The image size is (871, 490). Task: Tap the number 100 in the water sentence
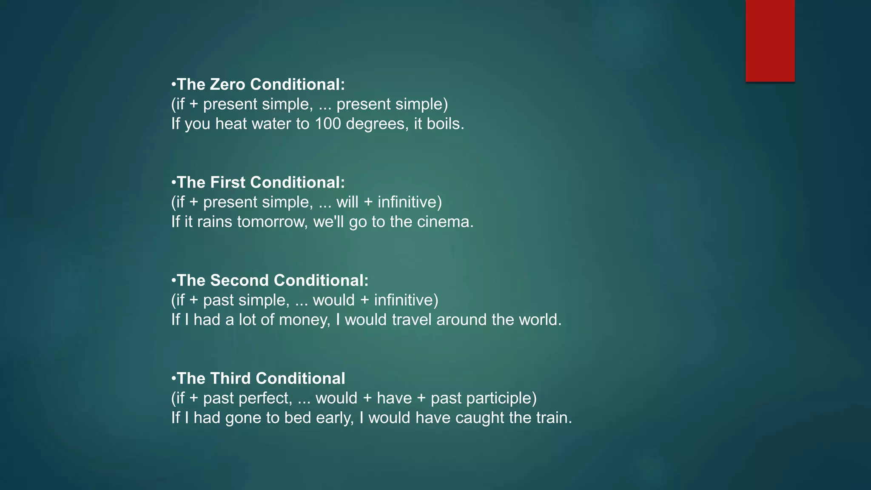tap(327, 124)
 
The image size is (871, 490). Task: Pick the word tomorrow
tap(272, 222)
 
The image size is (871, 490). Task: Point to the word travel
tap(411, 320)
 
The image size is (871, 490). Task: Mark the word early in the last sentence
tap(335, 418)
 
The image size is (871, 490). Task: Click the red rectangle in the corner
tap(770, 41)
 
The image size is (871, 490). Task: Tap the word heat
tap(231, 124)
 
